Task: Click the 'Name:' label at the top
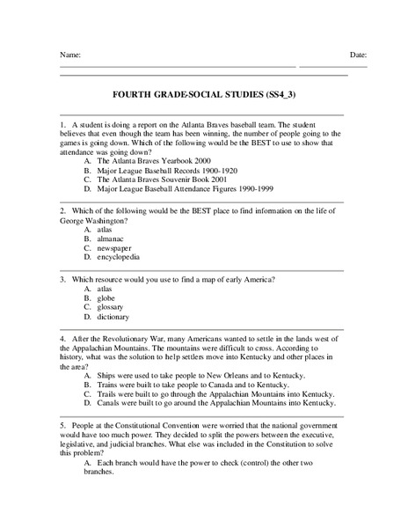(x=69, y=55)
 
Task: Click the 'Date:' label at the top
(x=358, y=55)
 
